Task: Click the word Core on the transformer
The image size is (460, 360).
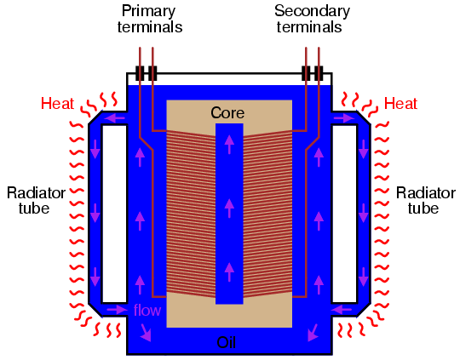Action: pyautogui.click(x=227, y=113)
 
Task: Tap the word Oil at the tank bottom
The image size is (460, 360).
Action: pyautogui.click(x=227, y=342)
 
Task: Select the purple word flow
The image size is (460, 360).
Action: pyautogui.click(x=147, y=310)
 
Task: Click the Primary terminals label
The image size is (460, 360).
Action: pyautogui.click(x=150, y=19)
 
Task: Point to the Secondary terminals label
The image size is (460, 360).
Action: pyautogui.click(x=312, y=19)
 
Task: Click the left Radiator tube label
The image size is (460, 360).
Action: pyautogui.click(x=36, y=201)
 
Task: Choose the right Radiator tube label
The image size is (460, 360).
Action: pyautogui.click(x=425, y=201)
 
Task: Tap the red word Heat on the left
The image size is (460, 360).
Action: pyautogui.click(x=57, y=104)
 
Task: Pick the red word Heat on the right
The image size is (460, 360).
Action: pyautogui.click(x=400, y=104)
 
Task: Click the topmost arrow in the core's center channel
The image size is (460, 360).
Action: pyautogui.click(x=229, y=145)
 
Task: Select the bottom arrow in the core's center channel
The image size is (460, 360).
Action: pyautogui.click(x=229, y=271)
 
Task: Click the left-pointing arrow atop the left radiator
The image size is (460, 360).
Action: pyautogui.click(x=115, y=118)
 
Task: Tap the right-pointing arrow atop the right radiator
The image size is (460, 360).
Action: pyautogui.click(x=344, y=118)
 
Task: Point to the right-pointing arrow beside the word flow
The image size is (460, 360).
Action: pyautogui.click(x=117, y=310)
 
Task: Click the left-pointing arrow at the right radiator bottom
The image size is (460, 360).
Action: pyautogui.click(x=342, y=310)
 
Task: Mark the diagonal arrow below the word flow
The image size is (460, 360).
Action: pyautogui.click(x=146, y=333)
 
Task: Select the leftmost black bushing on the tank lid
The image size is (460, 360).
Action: pyautogui.click(x=140, y=73)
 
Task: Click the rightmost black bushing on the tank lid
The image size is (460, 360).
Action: pyautogui.click(x=319, y=73)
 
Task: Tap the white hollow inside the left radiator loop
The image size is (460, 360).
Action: pyautogui.click(x=114, y=214)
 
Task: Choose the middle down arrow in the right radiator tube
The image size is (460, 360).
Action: pyautogui.click(x=364, y=213)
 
